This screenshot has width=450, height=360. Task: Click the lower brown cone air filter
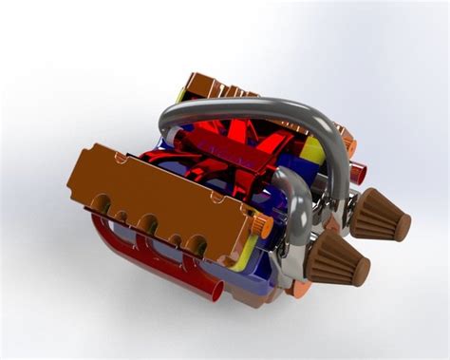click(x=336, y=256)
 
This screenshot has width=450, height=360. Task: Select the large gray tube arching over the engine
click(x=256, y=105)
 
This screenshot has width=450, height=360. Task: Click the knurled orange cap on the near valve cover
click(x=263, y=227)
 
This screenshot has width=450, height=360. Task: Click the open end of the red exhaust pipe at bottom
click(x=215, y=289)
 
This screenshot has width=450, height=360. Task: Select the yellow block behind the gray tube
click(x=310, y=149)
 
